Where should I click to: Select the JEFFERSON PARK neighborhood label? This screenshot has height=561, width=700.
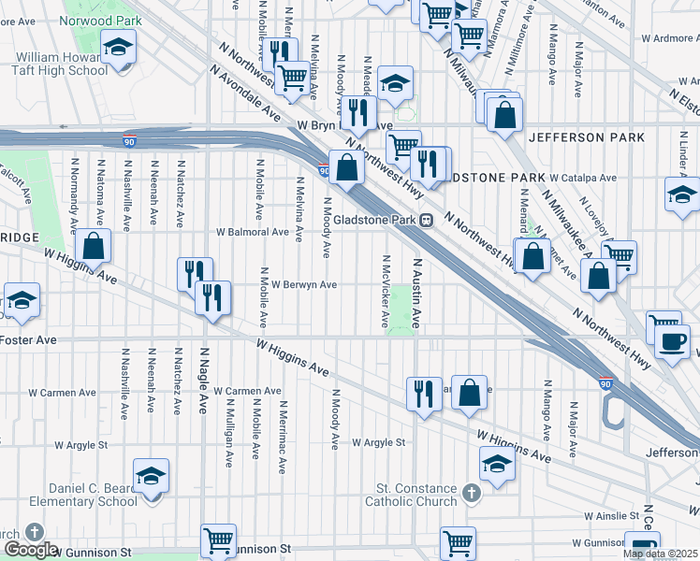click(x=586, y=137)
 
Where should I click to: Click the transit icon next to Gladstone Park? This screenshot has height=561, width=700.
click(x=426, y=220)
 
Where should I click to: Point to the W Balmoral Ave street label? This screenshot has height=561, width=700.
click(x=253, y=232)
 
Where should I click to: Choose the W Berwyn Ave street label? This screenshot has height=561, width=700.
click(x=298, y=284)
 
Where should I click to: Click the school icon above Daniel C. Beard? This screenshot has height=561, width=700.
click(x=151, y=475)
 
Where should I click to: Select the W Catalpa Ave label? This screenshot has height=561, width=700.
click(x=583, y=177)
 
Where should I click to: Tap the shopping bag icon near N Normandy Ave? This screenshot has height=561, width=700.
click(x=94, y=246)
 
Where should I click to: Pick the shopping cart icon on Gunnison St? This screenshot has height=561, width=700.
click(x=218, y=539)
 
